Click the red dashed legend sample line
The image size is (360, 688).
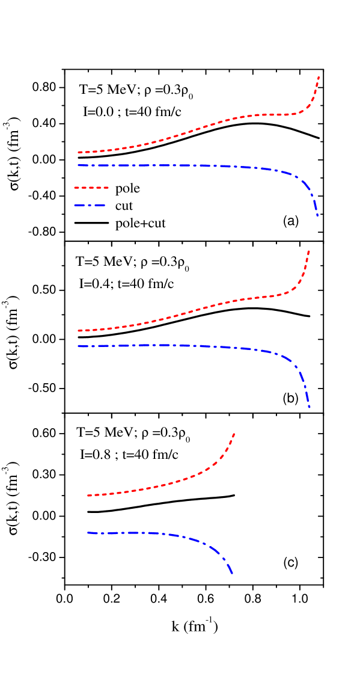click(x=91, y=188)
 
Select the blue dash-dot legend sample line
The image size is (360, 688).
click(x=90, y=205)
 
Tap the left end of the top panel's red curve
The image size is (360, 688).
click(x=79, y=152)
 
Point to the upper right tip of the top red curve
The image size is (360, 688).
click(x=318, y=77)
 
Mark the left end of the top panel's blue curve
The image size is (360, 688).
click(x=79, y=165)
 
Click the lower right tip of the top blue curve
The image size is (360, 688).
click(x=317, y=215)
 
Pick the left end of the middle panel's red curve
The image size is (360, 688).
click(x=79, y=330)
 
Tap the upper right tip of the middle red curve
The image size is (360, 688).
click(x=309, y=251)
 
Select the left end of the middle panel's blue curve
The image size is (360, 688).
click(x=79, y=346)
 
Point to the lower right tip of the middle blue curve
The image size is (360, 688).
click(x=310, y=407)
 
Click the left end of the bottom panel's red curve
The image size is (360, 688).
click(x=88, y=495)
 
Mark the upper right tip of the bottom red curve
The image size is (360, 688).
click(x=234, y=433)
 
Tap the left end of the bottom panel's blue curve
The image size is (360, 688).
click(x=88, y=532)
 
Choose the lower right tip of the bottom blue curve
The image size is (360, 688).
click(x=232, y=574)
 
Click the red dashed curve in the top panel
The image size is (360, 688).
click(x=204, y=127)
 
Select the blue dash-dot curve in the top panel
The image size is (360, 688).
click(x=180, y=165)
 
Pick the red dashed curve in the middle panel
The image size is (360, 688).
click(x=198, y=309)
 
